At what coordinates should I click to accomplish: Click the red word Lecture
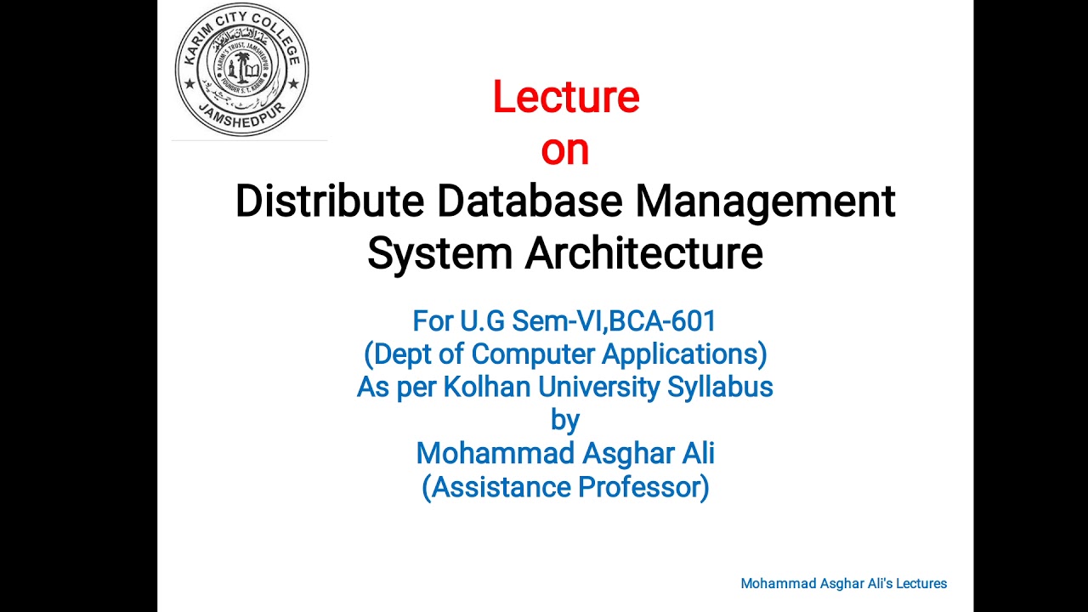coord(565,97)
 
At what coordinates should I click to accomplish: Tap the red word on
coord(565,150)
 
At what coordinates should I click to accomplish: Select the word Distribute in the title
coord(330,201)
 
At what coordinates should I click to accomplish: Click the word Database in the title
coord(530,201)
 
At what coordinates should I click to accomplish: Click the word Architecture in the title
coord(643,253)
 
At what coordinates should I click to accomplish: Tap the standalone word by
coord(565,420)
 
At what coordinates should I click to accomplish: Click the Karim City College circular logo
coord(242,70)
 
